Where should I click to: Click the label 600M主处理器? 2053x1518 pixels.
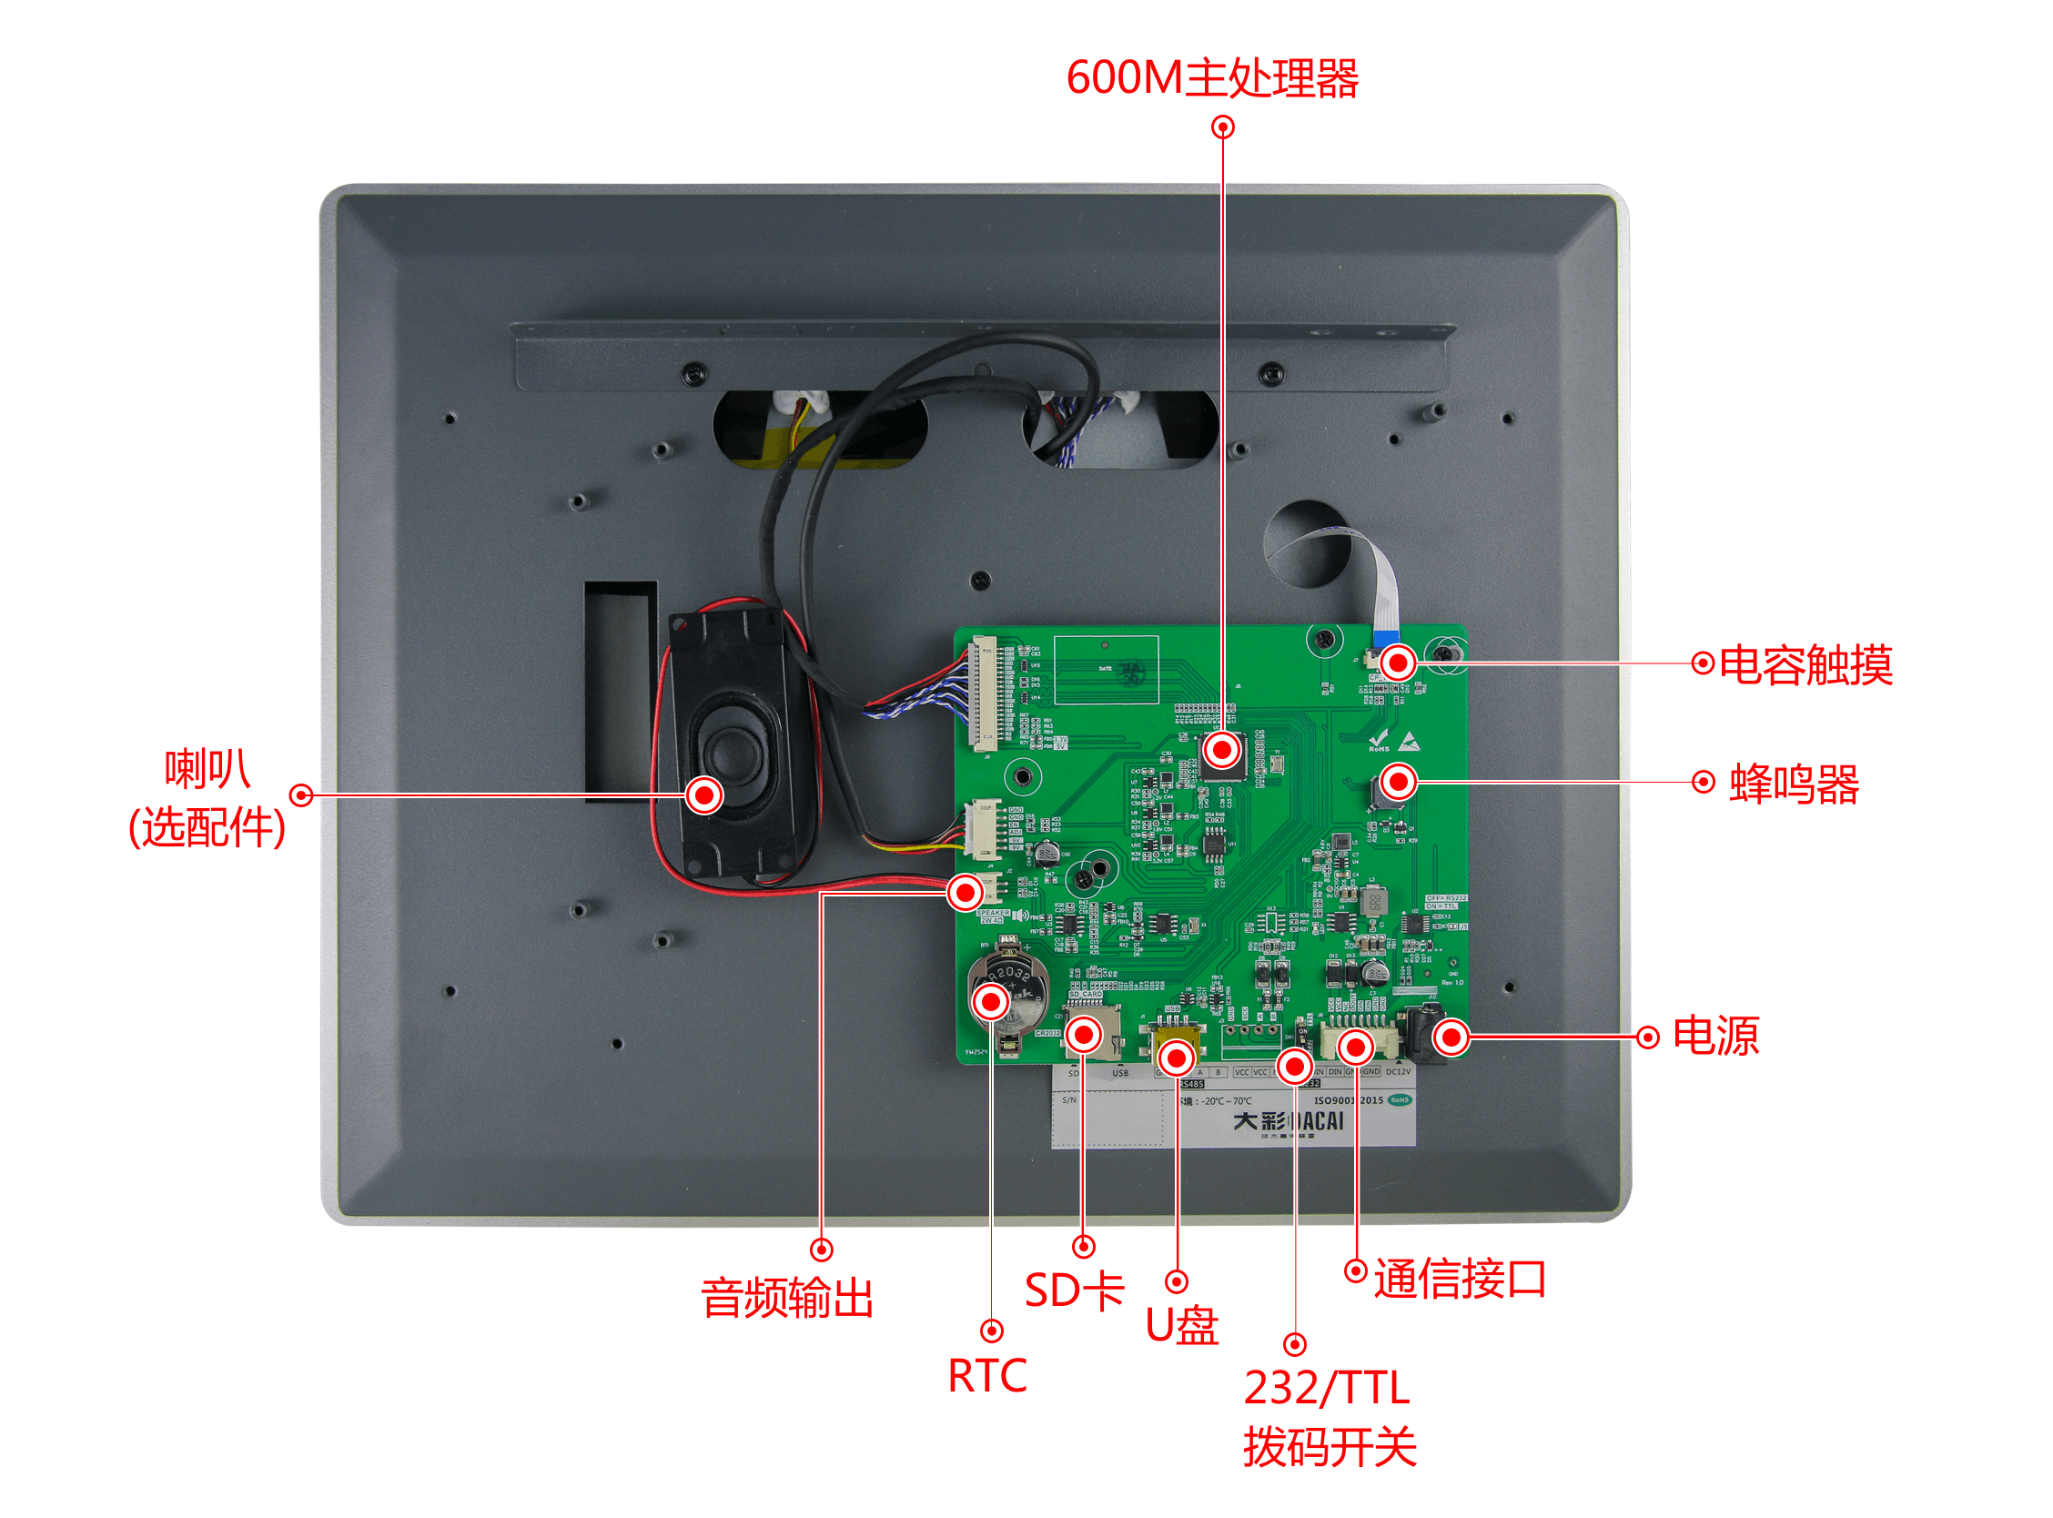[1211, 78]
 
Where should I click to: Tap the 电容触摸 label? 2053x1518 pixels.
[1805, 665]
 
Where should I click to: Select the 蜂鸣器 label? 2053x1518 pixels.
[1794, 784]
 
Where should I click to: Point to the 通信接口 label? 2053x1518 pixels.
[1460, 1279]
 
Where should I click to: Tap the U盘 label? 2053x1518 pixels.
[1182, 1326]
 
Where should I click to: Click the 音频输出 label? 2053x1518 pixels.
[787, 1300]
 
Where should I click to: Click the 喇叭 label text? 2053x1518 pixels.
[207, 770]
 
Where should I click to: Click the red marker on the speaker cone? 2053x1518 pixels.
[704, 795]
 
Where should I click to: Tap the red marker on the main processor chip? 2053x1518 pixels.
[1221, 752]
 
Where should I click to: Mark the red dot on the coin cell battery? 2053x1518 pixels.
[991, 1003]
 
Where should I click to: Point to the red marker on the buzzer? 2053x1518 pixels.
[1398, 783]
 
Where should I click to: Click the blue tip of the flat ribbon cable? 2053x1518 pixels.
[1384, 637]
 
